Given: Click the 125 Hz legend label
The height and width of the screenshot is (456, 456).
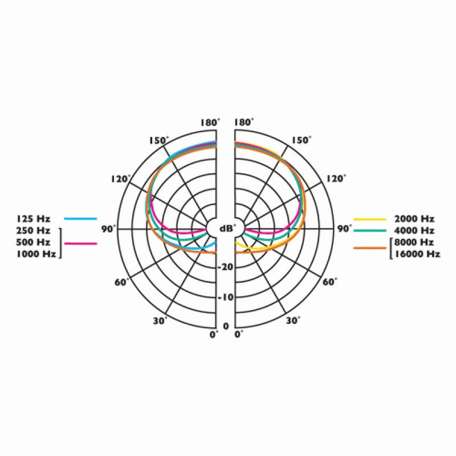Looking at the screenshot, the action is pyautogui.click(x=33, y=218).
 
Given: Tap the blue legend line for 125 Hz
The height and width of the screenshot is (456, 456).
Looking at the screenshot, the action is pyautogui.click(x=80, y=218).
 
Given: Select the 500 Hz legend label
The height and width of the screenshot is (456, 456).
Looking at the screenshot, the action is pyautogui.click(x=33, y=242).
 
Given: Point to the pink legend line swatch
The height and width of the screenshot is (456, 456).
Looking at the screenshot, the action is pyautogui.click(x=80, y=243).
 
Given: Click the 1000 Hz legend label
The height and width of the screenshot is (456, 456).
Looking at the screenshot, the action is pyautogui.click(x=36, y=254).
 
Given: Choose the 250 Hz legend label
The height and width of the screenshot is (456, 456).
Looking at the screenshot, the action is pyautogui.click(x=33, y=230).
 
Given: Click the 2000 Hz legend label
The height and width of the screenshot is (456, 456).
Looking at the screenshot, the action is pyautogui.click(x=414, y=219).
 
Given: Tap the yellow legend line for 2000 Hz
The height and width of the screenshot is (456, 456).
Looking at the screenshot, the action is pyautogui.click(x=370, y=219).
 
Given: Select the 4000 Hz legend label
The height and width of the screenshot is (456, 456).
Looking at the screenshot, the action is pyautogui.click(x=414, y=231).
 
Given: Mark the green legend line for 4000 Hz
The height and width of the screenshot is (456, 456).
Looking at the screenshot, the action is pyautogui.click(x=370, y=231).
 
